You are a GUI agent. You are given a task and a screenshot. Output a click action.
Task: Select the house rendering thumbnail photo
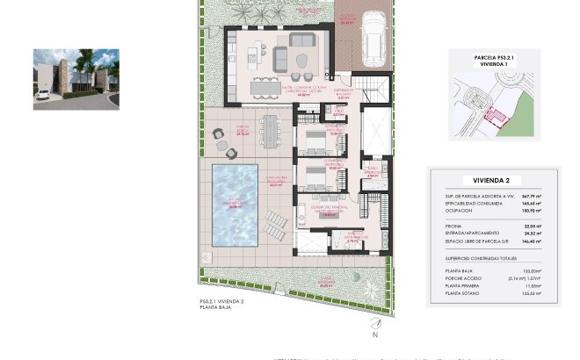point(76,79)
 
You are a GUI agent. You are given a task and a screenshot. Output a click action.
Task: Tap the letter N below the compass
point(375,335)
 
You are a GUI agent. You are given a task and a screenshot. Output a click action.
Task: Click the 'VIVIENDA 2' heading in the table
point(492,179)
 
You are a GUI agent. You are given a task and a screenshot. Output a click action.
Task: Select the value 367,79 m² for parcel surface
point(529,196)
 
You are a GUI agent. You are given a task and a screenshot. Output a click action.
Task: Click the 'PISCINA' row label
point(454,226)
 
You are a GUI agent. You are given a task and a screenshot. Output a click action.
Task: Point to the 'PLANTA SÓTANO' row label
point(463,293)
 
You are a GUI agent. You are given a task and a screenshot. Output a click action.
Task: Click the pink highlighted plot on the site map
point(498,117)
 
